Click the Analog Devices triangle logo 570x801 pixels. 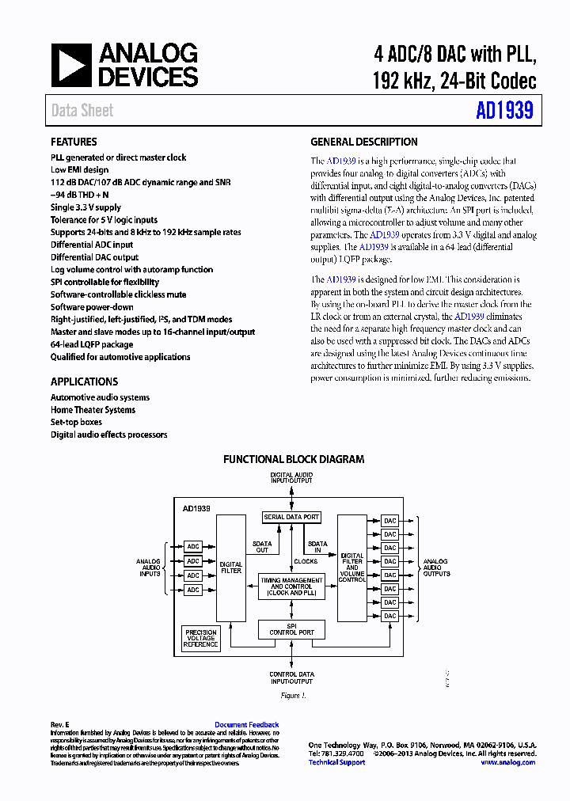(x=72, y=65)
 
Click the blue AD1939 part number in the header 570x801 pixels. (x=504, y=110)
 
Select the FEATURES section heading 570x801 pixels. (x=74, y=142)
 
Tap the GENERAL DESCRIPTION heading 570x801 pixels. (x=363, y=142)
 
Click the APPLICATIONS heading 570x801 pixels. (x=84, y=381)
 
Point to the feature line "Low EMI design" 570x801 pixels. (x=80, y=169)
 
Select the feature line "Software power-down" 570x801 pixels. (x=92, y=307)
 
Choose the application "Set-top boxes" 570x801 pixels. (x=76, y=422)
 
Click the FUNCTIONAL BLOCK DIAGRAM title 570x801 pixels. (x=294, y=459)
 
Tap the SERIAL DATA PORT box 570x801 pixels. (x=291, y=517)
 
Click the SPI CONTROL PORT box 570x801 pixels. (x=291, y=629)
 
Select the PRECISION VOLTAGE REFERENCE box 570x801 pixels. (x=200, y=639)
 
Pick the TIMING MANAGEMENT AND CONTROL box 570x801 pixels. (x=291, y=587)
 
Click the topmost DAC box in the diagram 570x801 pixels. (x=389, y=521)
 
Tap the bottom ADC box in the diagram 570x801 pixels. (x=193, y=590)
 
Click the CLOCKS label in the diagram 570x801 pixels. (x=306, y=561)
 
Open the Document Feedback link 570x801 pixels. (x=246, y=725)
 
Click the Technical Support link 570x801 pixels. (x=336, y=762)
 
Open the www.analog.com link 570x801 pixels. (x=507, y=762)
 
